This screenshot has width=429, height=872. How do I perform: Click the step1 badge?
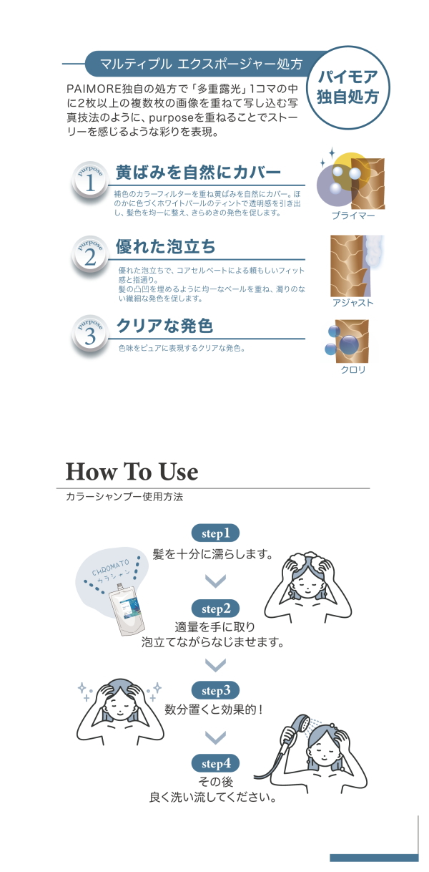point(215,533)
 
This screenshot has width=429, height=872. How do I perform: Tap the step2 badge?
point(215,609)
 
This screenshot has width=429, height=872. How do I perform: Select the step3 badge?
point(215,690)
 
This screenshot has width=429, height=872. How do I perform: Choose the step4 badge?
point(215,763)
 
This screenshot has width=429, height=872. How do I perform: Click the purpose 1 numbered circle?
point(90,180)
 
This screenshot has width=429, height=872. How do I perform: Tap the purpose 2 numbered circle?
point(90,255)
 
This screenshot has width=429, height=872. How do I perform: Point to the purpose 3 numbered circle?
point(90,334)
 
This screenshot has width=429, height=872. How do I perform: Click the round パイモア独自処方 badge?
point(348,87)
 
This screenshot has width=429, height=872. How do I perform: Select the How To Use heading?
point(132,471)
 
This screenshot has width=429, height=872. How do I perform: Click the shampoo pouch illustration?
point(127,609)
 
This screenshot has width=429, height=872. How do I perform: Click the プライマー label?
point(353,215)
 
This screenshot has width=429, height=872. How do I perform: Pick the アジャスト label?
point(352,303)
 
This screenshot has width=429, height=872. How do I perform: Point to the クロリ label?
point(353,369)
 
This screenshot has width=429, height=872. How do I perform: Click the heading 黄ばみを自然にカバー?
point(198,172)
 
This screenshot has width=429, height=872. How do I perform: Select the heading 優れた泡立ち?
point(165,246)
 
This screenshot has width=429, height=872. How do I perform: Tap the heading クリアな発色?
point(165,326)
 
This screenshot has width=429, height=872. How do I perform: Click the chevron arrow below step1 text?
point(215,581)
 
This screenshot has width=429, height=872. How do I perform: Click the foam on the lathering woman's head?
point(310,557)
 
